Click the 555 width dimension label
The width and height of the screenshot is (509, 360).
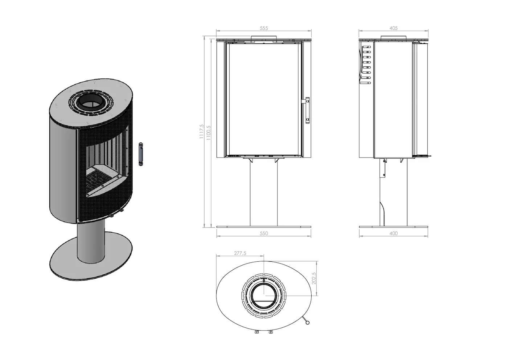pos(264,28)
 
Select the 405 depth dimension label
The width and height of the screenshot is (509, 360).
pos(394,28)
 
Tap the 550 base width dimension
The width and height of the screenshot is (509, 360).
pos(264,233)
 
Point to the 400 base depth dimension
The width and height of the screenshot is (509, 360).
pos(394,233)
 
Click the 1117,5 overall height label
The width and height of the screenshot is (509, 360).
pos(202,131)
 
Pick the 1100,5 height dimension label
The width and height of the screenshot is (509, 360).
pos(209,133)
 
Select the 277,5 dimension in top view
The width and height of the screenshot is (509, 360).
pos(240,253)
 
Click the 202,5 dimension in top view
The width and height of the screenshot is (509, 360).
pos(314,278)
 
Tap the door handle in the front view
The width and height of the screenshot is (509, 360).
pos(307,110)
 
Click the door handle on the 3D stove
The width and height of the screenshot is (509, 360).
pos(141,154)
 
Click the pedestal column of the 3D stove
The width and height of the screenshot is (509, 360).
pos(91,243)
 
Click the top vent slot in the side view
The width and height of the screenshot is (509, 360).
pos(367,47)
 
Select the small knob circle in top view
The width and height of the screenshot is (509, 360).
pos(308,322)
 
